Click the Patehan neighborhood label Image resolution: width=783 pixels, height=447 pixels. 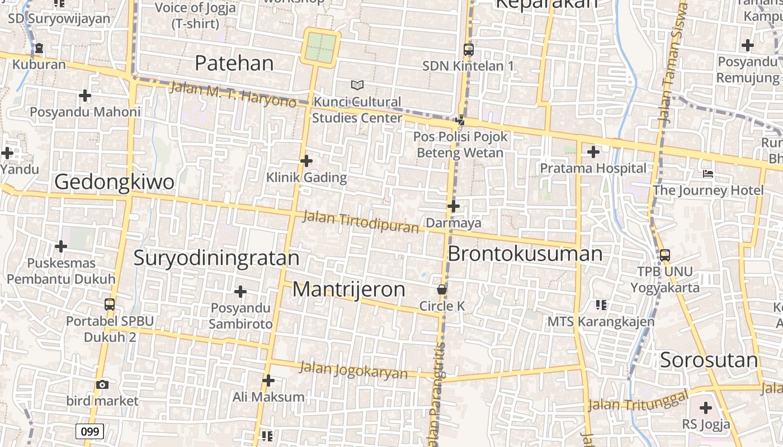click(234, 63)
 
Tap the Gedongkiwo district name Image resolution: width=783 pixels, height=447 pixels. click(114, 182)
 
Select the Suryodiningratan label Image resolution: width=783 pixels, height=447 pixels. click(216, 258)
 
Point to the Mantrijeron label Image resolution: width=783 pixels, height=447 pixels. click(348, 289)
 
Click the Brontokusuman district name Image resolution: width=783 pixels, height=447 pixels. click(525, 254)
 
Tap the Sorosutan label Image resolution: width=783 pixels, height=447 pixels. click(709, 360)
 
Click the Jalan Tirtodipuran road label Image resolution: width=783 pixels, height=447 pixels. click(360, 222)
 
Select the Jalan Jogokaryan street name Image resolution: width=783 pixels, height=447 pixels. click(353, 370)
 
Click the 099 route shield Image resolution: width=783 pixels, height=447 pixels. click(89, 431)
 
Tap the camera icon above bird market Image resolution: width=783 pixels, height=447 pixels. click(102, 384)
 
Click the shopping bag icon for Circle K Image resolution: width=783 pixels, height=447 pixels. click(442, 289)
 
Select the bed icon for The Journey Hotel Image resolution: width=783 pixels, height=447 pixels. click(707, 174)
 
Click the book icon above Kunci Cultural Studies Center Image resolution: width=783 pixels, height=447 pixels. click(357, 85)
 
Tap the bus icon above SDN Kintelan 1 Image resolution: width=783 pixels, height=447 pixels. click(468, 49)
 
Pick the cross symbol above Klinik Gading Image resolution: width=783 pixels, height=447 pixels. click(306, 161)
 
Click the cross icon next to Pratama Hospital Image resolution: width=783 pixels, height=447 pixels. click(593, 151)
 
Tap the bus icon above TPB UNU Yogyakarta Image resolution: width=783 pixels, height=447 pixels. click(664, 255)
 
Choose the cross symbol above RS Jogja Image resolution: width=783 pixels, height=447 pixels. click(705, 408)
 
